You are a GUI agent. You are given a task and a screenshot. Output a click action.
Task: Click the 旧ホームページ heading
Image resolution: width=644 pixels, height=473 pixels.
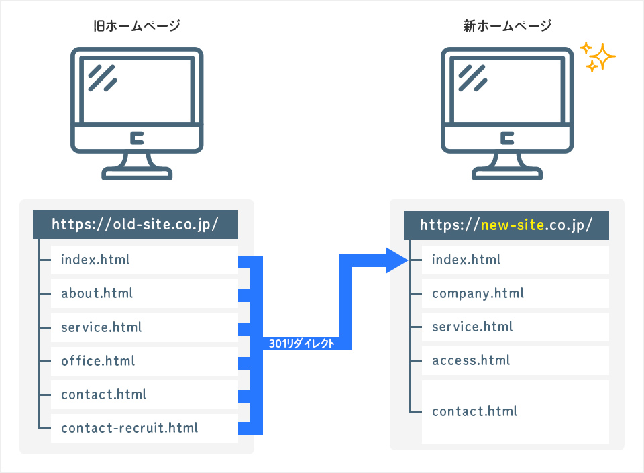(137, 26)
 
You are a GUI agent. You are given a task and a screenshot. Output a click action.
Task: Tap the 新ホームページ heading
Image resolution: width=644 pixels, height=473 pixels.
(507, 26)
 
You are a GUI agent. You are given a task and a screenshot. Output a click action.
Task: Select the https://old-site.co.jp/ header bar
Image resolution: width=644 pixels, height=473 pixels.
(136, 224)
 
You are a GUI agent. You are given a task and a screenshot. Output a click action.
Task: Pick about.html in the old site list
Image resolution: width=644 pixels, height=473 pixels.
(97, 293)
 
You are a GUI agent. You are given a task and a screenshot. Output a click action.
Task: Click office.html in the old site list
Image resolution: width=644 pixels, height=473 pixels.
(98, 360)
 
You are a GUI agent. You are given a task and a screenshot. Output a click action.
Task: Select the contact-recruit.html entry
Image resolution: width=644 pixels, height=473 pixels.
(129, 427)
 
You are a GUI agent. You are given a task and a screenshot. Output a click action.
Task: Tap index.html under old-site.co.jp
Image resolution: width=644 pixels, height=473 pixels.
(95, 259)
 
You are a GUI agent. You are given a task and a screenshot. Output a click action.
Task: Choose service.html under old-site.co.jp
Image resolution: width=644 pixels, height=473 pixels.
(101, 327)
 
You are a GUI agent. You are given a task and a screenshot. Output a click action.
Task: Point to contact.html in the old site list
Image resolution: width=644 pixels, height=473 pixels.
(104, 394)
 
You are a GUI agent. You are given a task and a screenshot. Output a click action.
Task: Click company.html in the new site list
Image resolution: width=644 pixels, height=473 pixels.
(478, 293)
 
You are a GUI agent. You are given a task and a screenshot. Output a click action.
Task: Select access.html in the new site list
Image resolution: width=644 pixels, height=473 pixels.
(471, 360)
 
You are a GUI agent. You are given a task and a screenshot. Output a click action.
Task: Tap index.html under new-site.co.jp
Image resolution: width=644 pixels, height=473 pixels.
(466, 259)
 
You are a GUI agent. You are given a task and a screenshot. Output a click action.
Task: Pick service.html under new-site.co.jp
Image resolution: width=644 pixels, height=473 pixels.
(472, 327)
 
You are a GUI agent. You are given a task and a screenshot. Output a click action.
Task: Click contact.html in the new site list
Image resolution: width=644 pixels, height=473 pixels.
(475, 411)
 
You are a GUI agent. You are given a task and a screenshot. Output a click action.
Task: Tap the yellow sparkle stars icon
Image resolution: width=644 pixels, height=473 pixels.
(597, 58)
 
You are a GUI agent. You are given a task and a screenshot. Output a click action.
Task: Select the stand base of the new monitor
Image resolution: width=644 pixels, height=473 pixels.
(507, 173)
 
